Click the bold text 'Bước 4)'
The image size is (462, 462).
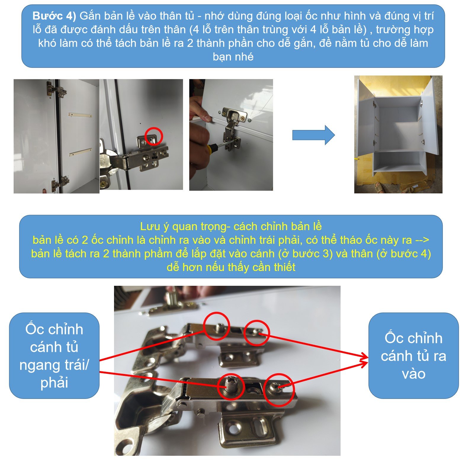(54, 16)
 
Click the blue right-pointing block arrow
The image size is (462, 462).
(313, 135)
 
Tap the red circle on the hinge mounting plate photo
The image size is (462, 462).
(154, 136)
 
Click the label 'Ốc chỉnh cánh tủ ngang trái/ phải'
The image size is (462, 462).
(54, 356)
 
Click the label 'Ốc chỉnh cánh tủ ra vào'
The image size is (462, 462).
(413, 356)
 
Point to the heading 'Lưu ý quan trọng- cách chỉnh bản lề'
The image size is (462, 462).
(231, 226)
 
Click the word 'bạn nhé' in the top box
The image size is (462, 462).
(233, 57)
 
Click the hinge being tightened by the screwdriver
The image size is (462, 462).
(232, 127)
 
